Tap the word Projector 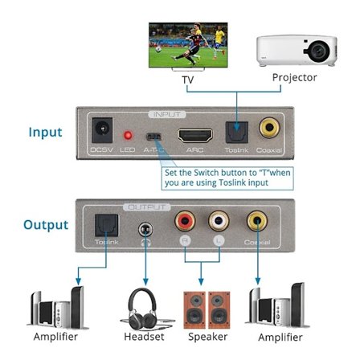(295, 78)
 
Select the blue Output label (45, 225)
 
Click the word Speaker (207, 337)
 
